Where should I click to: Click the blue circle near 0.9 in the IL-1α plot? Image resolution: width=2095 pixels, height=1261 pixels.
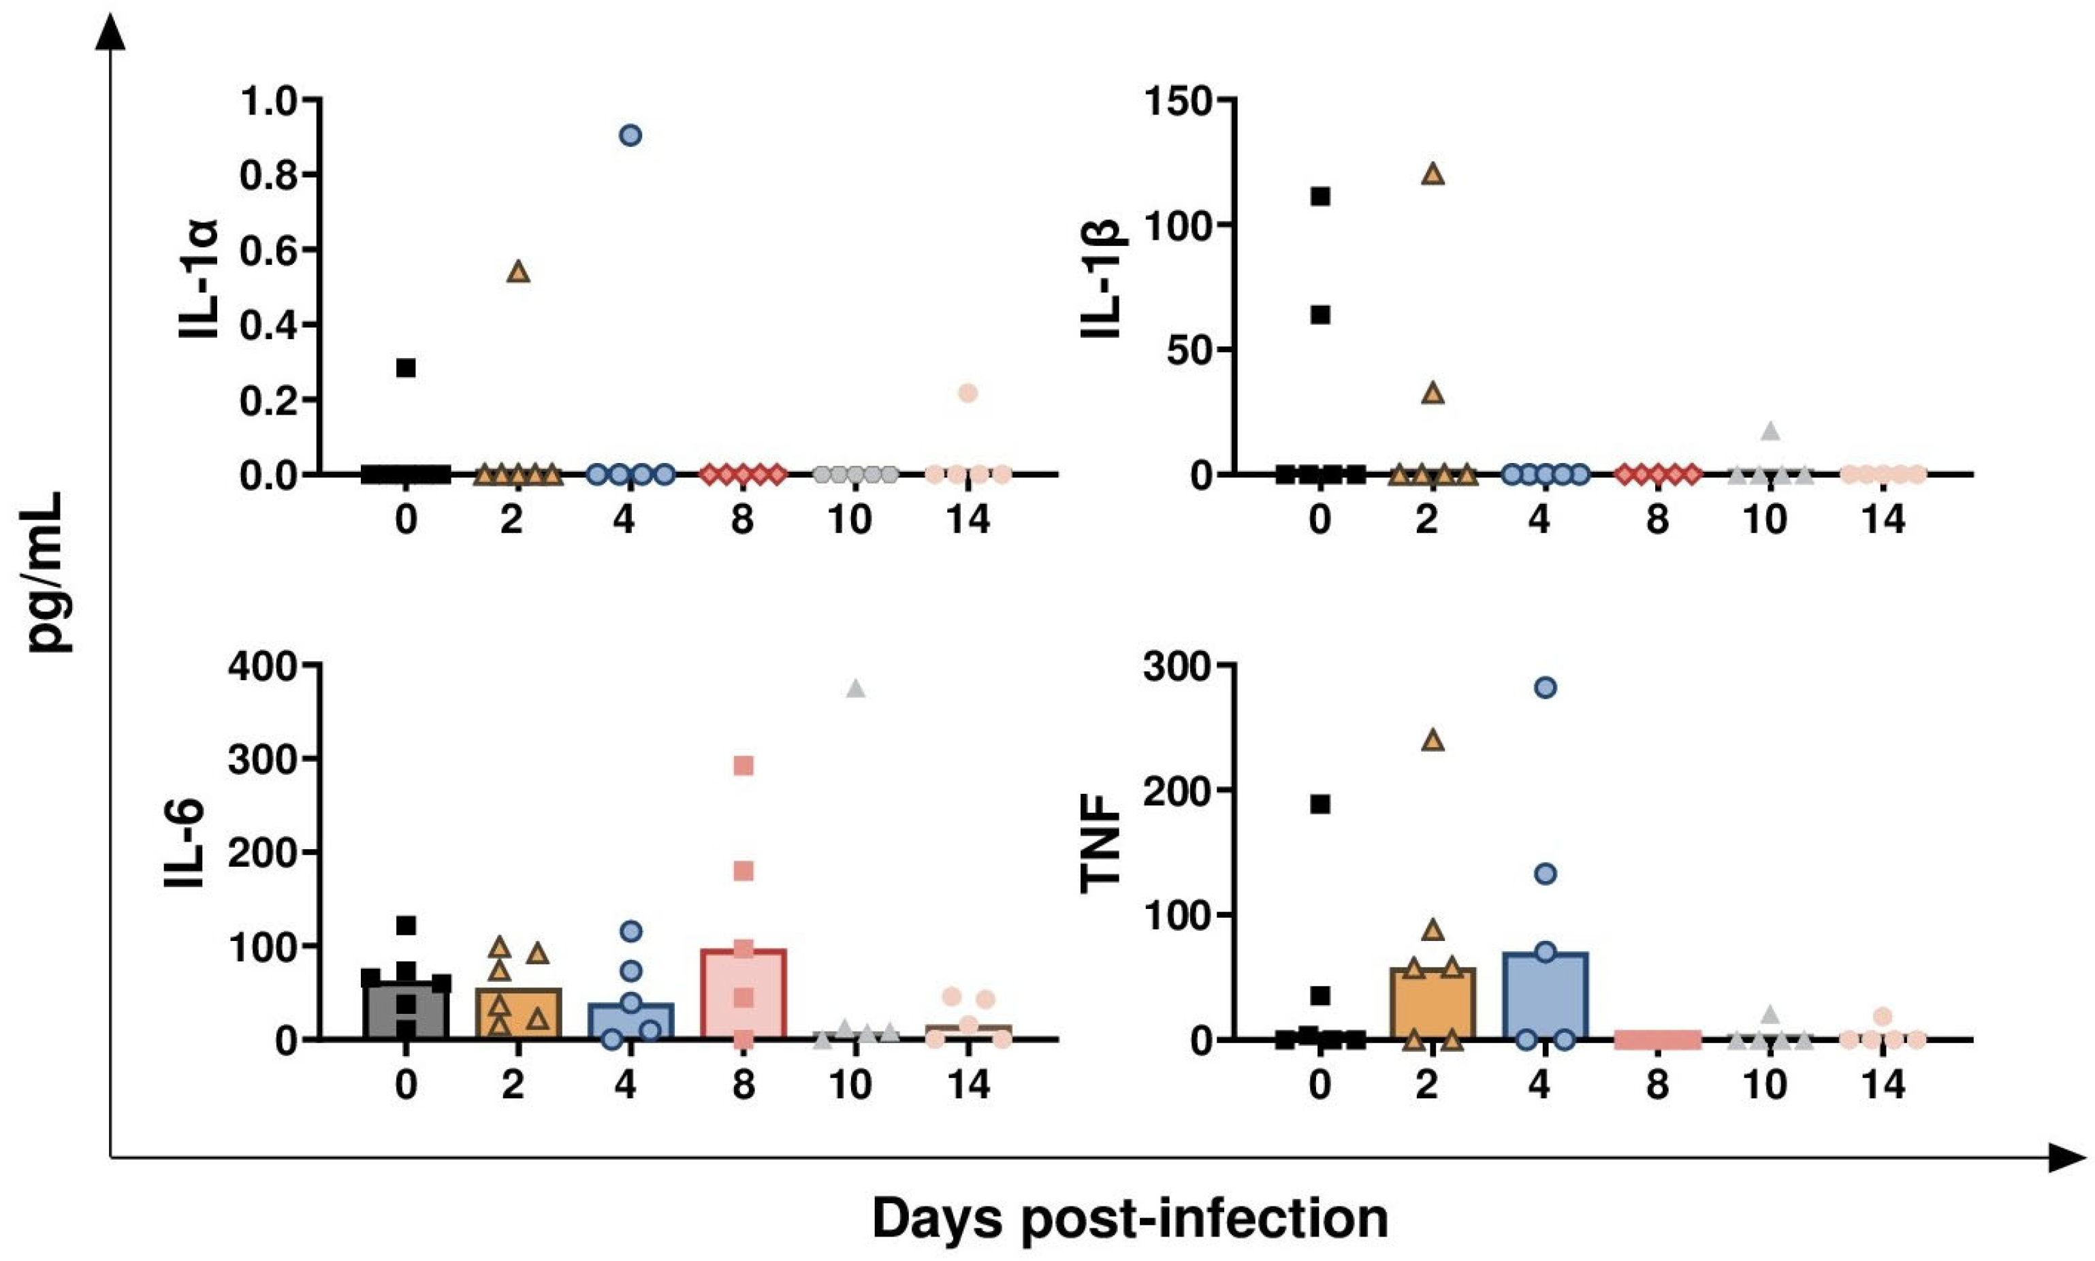click(630, 135)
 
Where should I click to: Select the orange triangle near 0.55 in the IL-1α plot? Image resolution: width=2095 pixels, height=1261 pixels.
click(518, 272)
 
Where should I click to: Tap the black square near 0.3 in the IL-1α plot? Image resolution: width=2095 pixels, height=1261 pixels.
click(406, 368)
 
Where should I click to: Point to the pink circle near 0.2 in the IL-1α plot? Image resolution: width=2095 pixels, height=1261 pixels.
click(968, 393)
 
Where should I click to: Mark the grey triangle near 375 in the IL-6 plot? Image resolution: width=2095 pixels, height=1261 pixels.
click(856, 689)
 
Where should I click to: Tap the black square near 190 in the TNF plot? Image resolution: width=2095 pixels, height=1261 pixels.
click(1320, 804)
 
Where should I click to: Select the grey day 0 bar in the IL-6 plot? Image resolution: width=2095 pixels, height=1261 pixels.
click(406, 1015)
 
